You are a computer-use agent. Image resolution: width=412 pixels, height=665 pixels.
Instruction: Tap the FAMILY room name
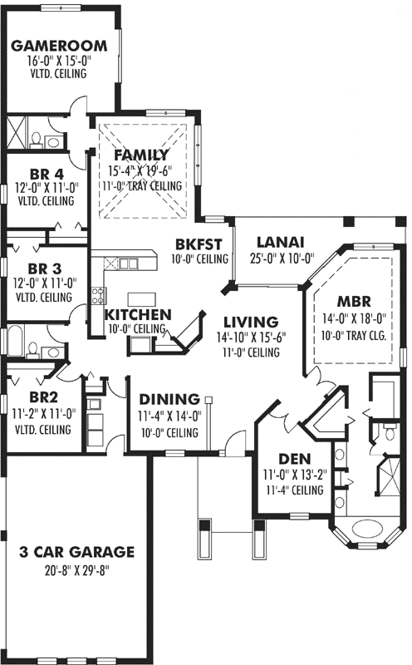click(141, 155)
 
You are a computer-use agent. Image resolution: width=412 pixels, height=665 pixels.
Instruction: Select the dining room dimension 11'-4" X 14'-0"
click(169, 416)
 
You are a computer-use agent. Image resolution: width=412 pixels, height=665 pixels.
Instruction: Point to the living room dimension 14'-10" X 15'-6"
click(249, 337)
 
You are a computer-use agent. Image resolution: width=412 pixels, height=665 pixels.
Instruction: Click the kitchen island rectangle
click(141, 298)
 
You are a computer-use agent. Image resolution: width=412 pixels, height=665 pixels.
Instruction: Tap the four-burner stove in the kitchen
click(98, 294)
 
